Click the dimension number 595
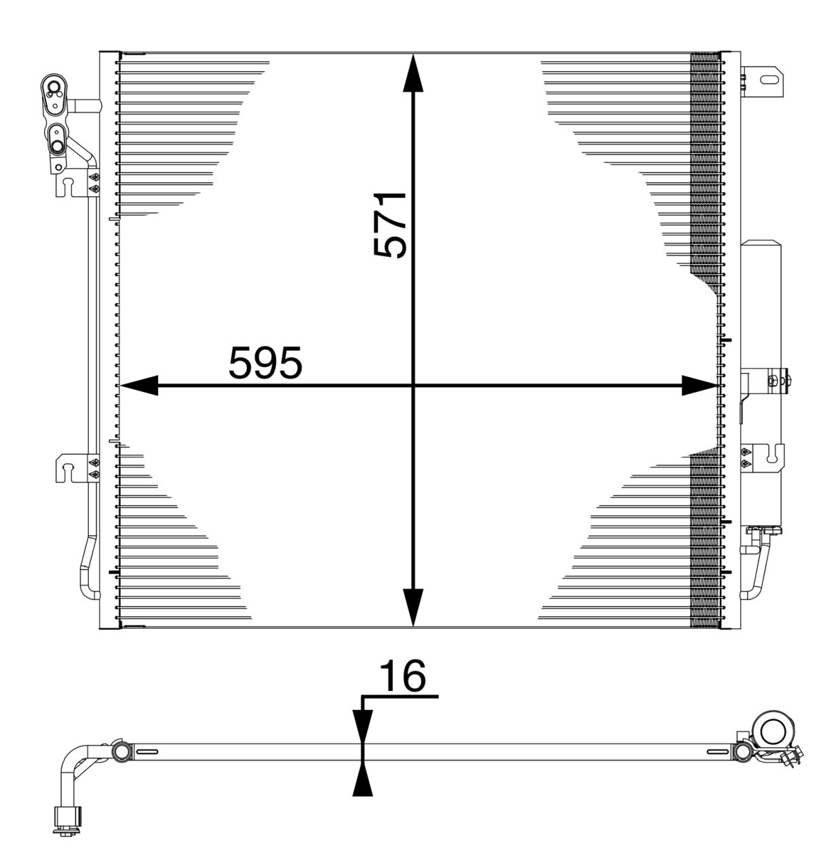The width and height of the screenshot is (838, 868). (265, 363)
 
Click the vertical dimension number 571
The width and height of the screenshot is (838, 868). (391, 224)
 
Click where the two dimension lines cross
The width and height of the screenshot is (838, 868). (413, 386)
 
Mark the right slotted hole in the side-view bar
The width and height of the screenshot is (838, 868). (717, 751)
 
